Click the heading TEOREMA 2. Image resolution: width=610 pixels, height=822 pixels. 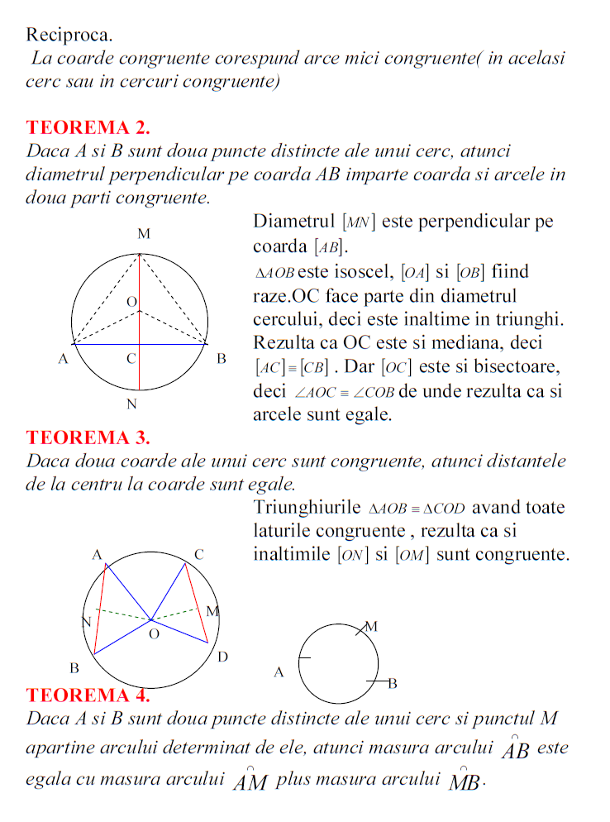coord(88,128)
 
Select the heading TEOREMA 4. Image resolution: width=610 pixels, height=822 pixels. coord(88,695)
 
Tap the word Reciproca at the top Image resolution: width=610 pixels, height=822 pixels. coord(69,35)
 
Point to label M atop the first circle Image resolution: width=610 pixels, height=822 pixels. coord(143,235)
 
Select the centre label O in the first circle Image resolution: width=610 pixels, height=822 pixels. coord(131,303)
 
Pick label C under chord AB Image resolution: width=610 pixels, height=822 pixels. coord(131,359)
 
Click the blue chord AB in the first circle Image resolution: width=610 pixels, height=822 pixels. coord(174,343)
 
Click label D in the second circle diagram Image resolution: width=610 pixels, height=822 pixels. coord(222,657)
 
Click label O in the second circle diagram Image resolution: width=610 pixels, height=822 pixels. coord(153,635)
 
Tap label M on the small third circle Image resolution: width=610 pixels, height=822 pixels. coord(371,627)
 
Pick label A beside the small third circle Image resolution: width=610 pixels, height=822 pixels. coord(279,673)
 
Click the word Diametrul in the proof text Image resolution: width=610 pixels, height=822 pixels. coord(293,222)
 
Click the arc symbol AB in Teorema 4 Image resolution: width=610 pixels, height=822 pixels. coord(516,748)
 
